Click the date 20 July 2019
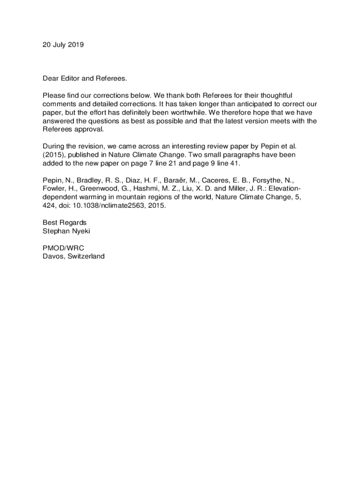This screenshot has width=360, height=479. pos(63,45)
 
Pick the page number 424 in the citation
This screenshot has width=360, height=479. pos(49,205)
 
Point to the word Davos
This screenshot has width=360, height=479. pos(52,256)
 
